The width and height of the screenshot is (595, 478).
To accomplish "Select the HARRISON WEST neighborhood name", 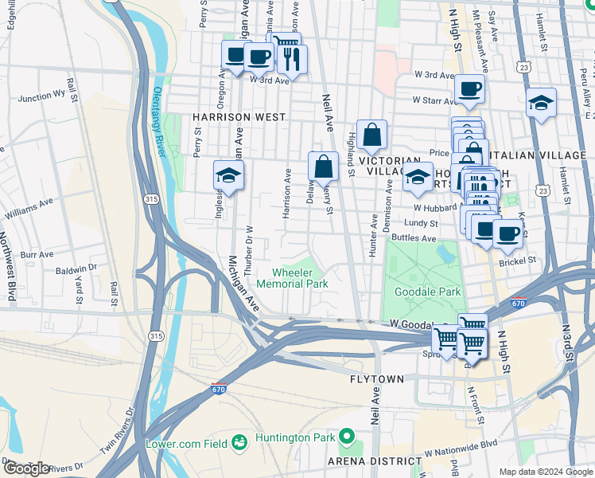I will coord(239,117).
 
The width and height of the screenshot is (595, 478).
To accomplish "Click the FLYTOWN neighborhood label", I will coord(377,379).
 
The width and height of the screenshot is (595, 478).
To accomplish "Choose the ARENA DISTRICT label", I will coord(375,461).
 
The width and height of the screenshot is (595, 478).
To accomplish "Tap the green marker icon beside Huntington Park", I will coord(346,436).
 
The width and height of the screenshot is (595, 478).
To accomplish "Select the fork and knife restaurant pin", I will coord(292,60).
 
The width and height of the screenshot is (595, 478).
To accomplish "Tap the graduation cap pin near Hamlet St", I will coord(541,104).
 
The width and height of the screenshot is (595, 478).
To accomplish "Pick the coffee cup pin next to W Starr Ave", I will coord(469,89).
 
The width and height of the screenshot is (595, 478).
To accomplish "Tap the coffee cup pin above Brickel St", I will coord(507,234).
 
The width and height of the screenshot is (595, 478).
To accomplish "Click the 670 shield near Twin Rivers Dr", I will coord(218,390).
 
